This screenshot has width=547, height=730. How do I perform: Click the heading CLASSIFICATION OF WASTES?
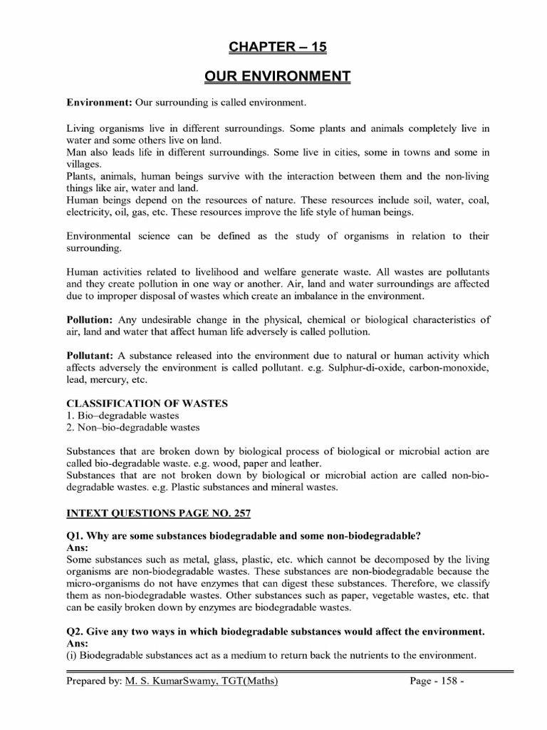pyautogui.click(x=147, y=403)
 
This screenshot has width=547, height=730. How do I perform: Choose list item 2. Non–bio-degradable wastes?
pyautogui.click(x=133, y=428)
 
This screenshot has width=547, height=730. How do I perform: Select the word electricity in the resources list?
pyautogui.click(x=90, y=212)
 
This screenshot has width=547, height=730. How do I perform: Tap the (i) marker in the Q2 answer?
pyautogui.click(x=71, y=655)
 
